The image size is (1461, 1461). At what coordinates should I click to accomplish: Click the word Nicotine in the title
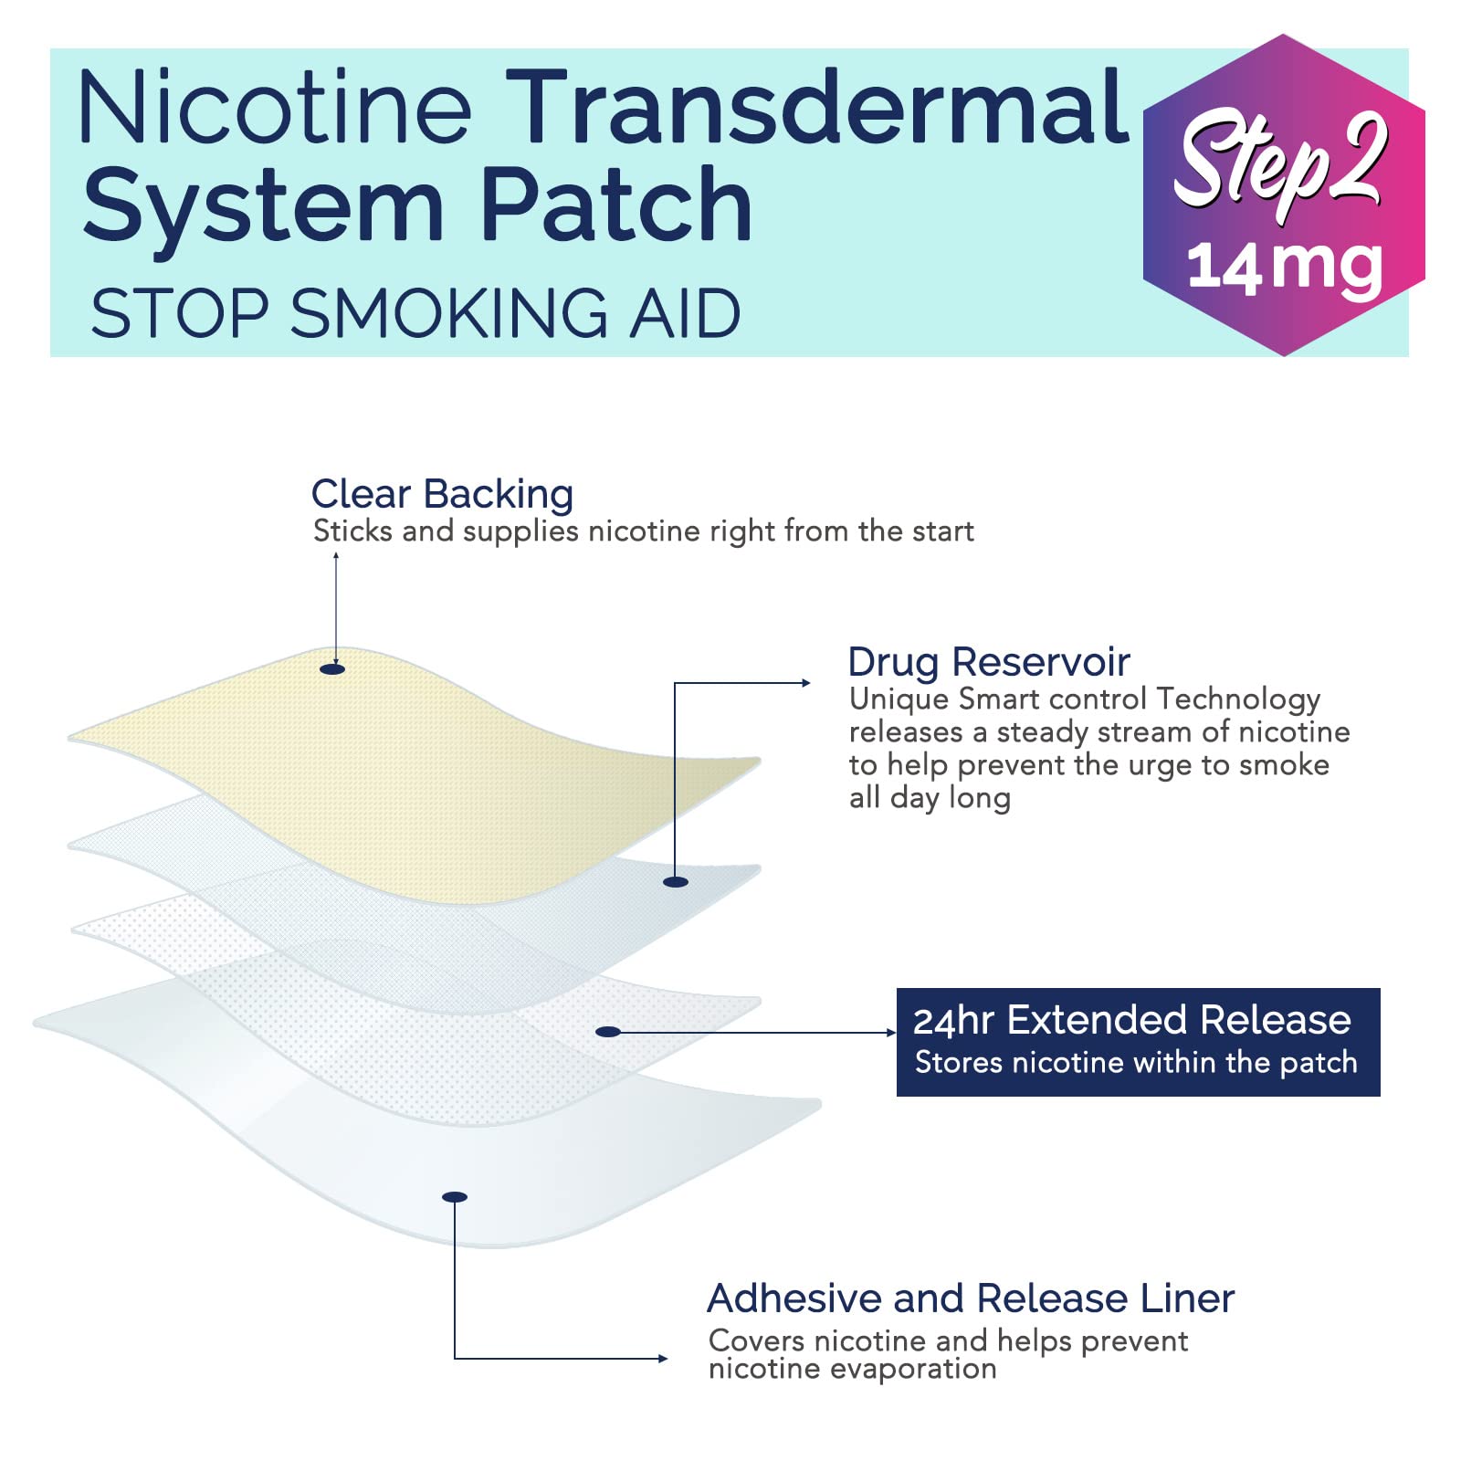(x=275, y=107)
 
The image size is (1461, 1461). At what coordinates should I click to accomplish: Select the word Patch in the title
(x=616, y=205)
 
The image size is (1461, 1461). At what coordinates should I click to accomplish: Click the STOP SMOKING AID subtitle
(x=415, y=313)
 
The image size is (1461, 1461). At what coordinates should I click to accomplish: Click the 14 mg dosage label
(x=1285, y=267)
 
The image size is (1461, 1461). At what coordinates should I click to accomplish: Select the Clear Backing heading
(x=442, y=494)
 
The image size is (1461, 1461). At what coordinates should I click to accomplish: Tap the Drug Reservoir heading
(x=989, y=662)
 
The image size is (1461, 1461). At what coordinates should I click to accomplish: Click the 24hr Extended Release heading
(x=1132, y=1020)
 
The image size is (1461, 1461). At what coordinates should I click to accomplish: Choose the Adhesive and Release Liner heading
(x=971, y=1298)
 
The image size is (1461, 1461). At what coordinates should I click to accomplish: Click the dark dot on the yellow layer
(x=332, y=669)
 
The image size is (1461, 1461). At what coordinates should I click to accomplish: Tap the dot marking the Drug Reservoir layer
(x=676, y=881)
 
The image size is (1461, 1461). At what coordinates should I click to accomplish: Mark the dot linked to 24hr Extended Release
(x=608, y=1032)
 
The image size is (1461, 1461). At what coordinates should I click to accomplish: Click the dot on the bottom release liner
(x=455, y=1197)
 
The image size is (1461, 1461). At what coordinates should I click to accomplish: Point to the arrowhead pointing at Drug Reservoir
(x=806, y=683)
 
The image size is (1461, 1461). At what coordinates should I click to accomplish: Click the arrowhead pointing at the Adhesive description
(x=664, y=1359)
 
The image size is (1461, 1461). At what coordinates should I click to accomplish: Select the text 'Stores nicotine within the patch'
(x=1136, y=1063)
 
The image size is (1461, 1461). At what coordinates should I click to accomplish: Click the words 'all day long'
(x=930, y=798)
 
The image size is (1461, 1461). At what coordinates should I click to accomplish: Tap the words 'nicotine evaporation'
(x=852, y=1369)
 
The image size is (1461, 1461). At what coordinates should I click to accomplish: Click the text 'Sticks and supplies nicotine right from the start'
(x=644, y=531)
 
